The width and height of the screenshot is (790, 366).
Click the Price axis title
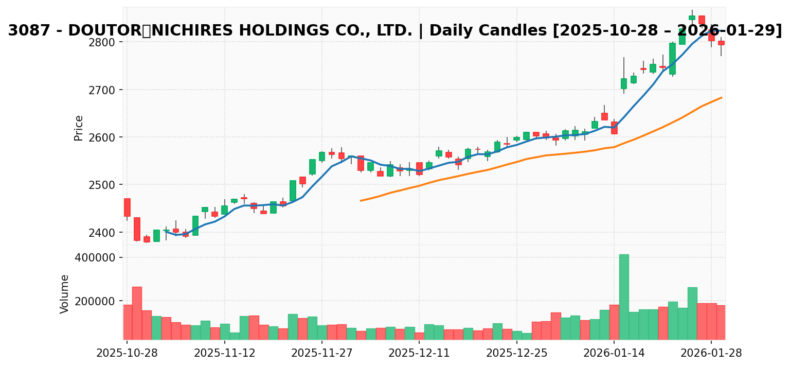coord(79,128)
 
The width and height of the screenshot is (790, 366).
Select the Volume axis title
coord(65,294)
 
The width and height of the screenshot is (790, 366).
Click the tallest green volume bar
coord(624,297)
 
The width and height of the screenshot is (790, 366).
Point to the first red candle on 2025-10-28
coord(127,207)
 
